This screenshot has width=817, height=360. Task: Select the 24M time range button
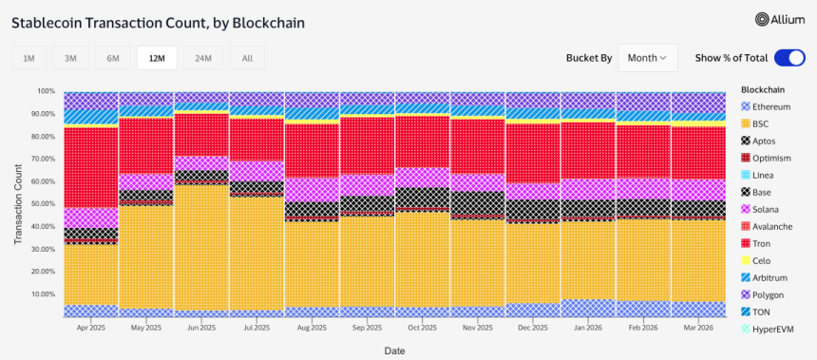coord(203,58)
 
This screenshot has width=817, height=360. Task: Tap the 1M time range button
coord(28,58)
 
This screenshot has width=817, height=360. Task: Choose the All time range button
coord(247,58)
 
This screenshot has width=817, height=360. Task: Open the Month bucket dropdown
coord(647,58)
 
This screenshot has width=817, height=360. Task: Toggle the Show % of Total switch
coord(789,58)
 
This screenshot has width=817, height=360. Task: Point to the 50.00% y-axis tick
coord(42,204)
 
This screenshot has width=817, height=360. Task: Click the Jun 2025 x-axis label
coord(201,326)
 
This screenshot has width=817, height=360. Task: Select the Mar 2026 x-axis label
coord(698,326)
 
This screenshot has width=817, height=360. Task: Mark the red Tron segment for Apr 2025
coord(91,166)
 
